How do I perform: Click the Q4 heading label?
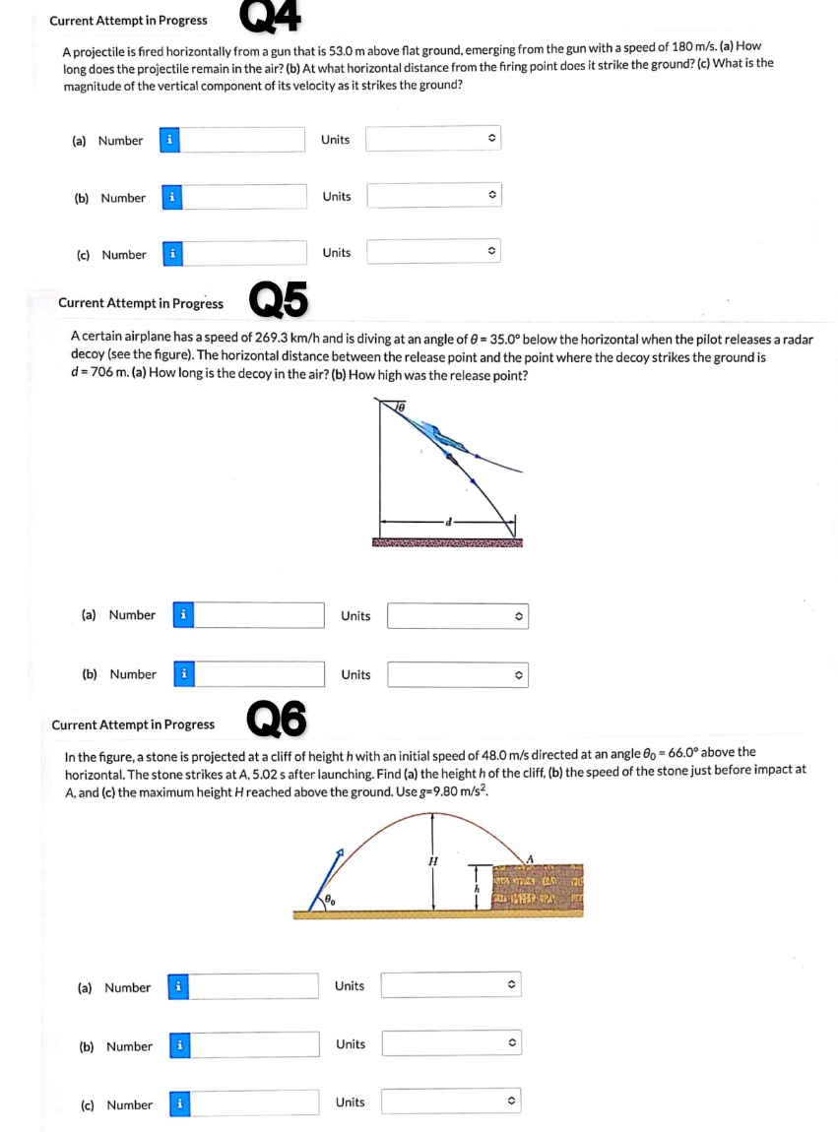[269, 14]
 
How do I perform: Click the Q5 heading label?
[279, 300]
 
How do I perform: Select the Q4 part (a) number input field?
[242, 140]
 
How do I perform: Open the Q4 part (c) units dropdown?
[434, 253]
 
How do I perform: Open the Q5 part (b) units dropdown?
[457, 675]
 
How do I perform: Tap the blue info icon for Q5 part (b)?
[183, 674]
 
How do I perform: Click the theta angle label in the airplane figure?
[401, 405]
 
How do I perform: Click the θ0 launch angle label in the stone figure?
[331, 899]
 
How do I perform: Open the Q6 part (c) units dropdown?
[451, 1102]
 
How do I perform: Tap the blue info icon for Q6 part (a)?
[177, 987]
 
